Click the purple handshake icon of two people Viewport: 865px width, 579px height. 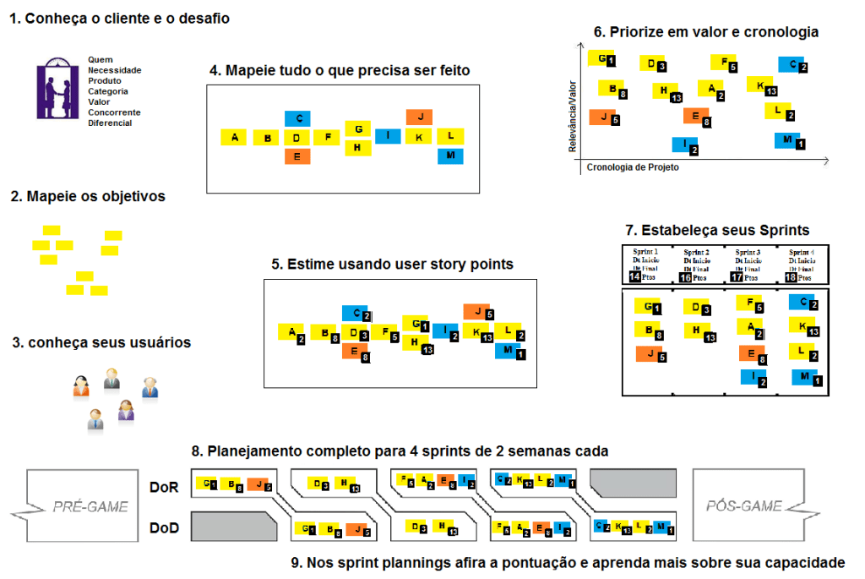coord(59,89)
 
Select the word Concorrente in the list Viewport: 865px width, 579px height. coord(114,112)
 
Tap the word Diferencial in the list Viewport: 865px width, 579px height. coord(110,123)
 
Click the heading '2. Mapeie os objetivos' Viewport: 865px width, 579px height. coord(88,196)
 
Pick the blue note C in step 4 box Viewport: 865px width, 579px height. coord(297,118)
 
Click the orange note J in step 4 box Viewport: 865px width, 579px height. coord(419,117)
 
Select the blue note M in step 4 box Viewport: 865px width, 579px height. coord(450,156)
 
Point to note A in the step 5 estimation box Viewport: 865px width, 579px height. coord(291,333)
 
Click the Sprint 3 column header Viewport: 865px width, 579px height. coord(748,252)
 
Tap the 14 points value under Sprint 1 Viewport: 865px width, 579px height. coord(635,277)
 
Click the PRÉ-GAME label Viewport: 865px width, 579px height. coord(90,506)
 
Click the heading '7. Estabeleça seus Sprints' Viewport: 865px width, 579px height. coord(717,230)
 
